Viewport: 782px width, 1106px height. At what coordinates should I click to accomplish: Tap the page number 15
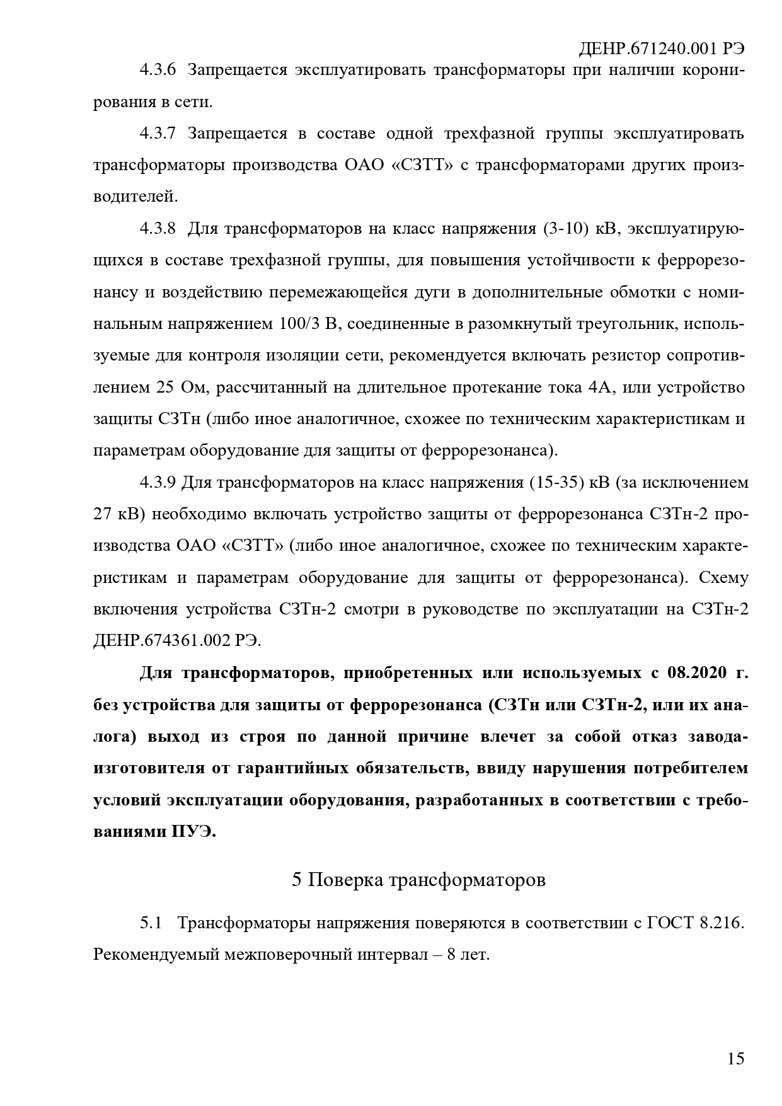pyautogui.click(x=735, y=1058)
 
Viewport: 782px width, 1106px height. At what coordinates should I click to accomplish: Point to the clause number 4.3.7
pyautogui.click(x=158, y=133)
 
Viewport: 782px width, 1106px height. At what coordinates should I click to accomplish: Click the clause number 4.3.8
pyautogui.click(x=158, y=228)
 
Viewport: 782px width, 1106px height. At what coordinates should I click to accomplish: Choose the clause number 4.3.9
pyautogui.click(x=157, y=483)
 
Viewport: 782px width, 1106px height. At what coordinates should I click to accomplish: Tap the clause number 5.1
pyautogui.click(x=151, y=923)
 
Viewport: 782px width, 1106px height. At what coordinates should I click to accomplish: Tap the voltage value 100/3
pyautogui.click(x=299, y=324)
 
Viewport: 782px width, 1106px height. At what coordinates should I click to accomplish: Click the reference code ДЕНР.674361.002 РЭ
pyautogui.click(x=176, y=641)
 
